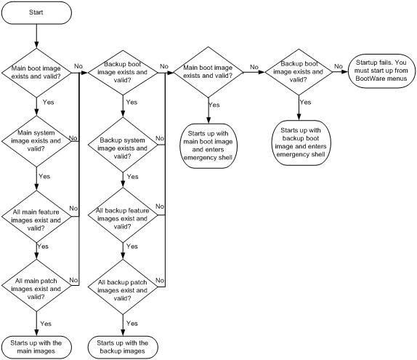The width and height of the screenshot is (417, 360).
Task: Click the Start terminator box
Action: [36, 12]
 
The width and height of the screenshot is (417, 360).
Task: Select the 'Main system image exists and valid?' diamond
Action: [36, 141]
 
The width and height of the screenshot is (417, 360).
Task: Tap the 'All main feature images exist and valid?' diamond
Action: [36, 217]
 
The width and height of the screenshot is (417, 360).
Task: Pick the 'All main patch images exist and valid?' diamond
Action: [36, 285]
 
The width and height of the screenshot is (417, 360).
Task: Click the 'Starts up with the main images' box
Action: [36, 347]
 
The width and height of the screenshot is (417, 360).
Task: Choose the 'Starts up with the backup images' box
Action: [123, 347]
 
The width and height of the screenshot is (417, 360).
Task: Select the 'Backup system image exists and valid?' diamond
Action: [123, 145]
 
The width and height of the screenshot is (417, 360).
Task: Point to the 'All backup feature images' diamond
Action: [123, 215]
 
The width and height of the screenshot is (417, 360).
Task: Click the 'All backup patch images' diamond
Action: [123, 287]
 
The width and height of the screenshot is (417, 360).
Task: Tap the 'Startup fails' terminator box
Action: [381, 71]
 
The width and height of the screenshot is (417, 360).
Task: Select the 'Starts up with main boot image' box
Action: [208, 145]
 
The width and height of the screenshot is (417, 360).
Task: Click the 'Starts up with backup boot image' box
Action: [301, 143]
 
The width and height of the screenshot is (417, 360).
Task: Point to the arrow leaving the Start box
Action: [36, 36]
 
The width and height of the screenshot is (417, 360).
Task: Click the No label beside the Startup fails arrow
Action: [339, 66]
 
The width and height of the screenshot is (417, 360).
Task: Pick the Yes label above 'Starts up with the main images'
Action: [46, 324]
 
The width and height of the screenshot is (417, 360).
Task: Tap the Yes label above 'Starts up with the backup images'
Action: [132, 323]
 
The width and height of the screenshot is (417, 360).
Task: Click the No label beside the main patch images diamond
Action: [73, 280]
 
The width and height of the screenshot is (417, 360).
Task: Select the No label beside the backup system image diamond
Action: [160, 138]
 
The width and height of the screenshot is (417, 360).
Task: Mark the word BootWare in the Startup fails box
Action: [368, 79]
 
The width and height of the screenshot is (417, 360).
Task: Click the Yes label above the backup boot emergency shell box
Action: [305, 103]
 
